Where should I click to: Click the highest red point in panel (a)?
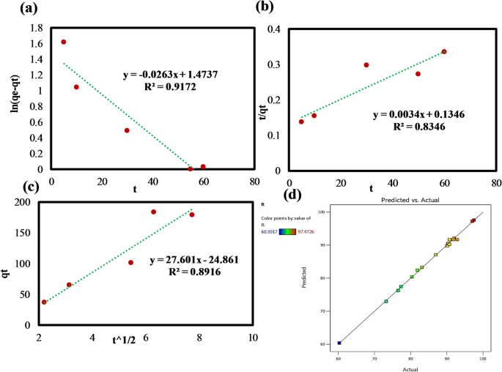click(x=64, y=42)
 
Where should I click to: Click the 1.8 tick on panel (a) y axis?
click(x=37, y=28)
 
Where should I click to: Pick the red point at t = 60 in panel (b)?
click(x=444, y=52)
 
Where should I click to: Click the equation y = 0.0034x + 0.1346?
click(x=418, y=114)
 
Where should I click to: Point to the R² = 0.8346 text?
click(x=418, y=127)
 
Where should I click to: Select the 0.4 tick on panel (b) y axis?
click(x=273, y=29)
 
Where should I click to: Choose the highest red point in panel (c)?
click(x=154, y=212)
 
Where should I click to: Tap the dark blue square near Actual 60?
click(x=339, y=343)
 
